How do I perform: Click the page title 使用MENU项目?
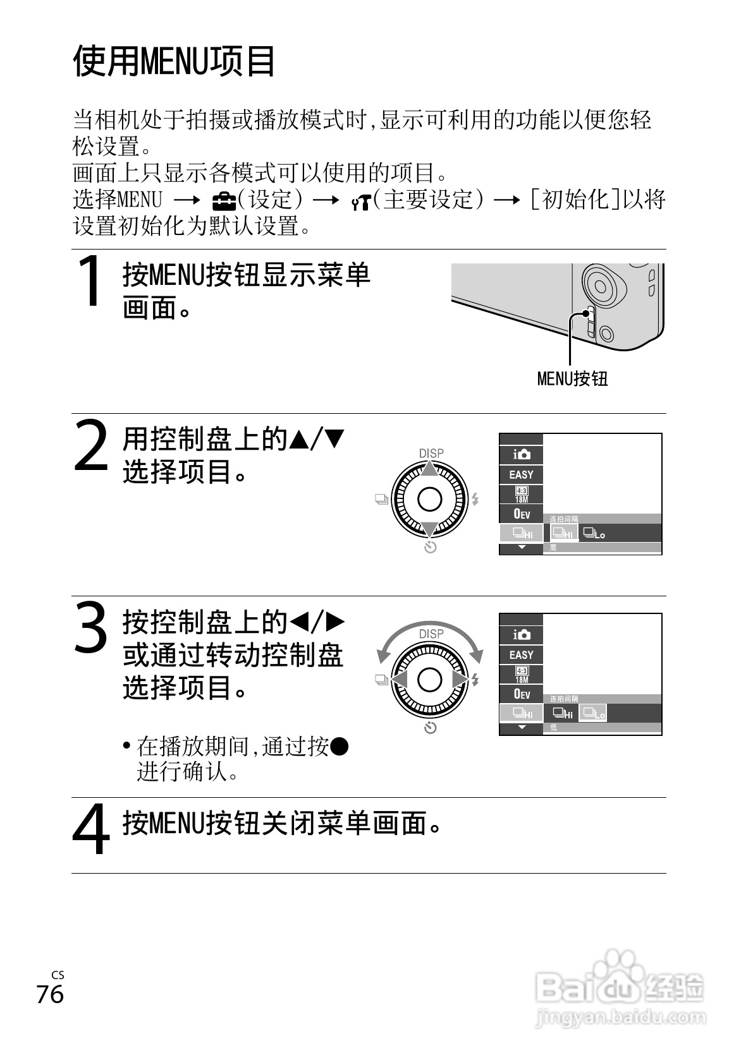coord(174,61)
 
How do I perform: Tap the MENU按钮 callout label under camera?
coord(572,378)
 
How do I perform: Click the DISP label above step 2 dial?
coord(431,453)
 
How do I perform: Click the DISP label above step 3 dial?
coord(431,633)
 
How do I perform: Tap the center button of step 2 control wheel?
coord(430,500)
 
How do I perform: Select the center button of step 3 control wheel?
coord(430,680)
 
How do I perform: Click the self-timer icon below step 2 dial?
coord(430,547)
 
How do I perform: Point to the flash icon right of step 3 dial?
coord(475,680)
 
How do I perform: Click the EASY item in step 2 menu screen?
coord(521,474)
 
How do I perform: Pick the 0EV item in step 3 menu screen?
coord(521,694)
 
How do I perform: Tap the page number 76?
coord(50,994)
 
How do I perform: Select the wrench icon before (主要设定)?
coord(360,202)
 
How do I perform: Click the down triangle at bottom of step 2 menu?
coord(521,548)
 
